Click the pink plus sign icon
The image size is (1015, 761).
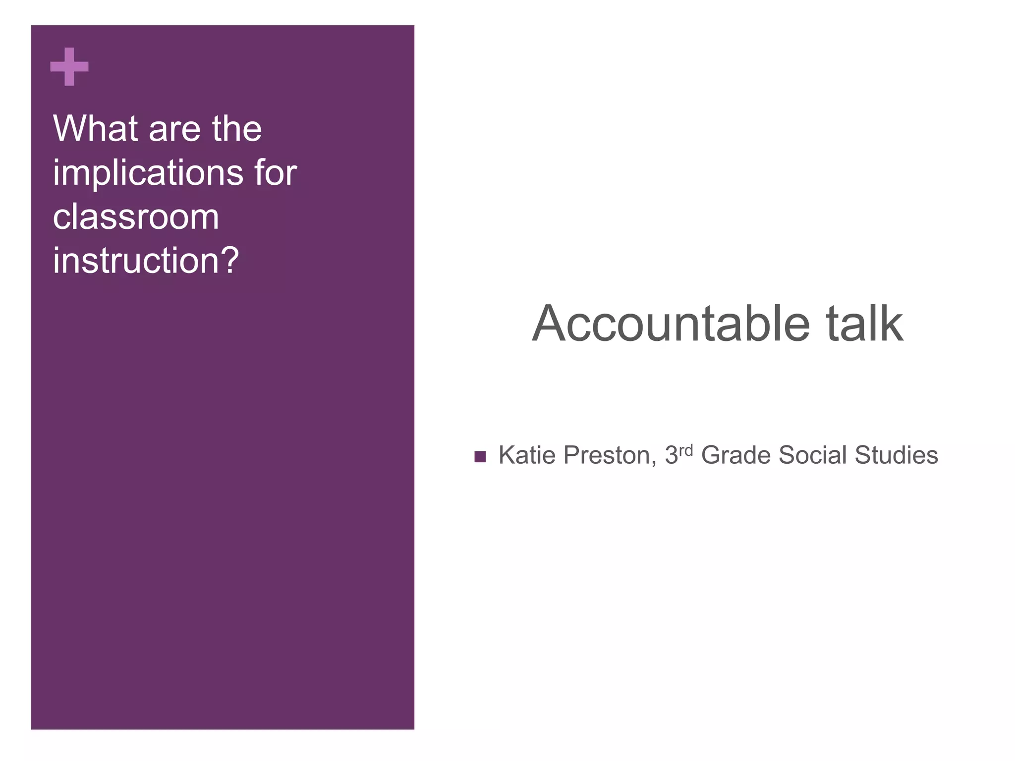(69, 66)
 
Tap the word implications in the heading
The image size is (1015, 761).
(148, 173)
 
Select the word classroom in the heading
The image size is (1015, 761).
(136, 217)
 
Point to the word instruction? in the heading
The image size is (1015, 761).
(146, 261)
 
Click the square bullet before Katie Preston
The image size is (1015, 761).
(480, 456)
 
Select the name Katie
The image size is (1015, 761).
(526, 455)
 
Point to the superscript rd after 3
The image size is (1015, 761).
(685, 450)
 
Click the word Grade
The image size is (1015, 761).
(735, 455)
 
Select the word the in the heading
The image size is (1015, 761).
(236, 128)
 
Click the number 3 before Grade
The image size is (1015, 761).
(671, 455)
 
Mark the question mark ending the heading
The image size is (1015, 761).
(229, 261)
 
